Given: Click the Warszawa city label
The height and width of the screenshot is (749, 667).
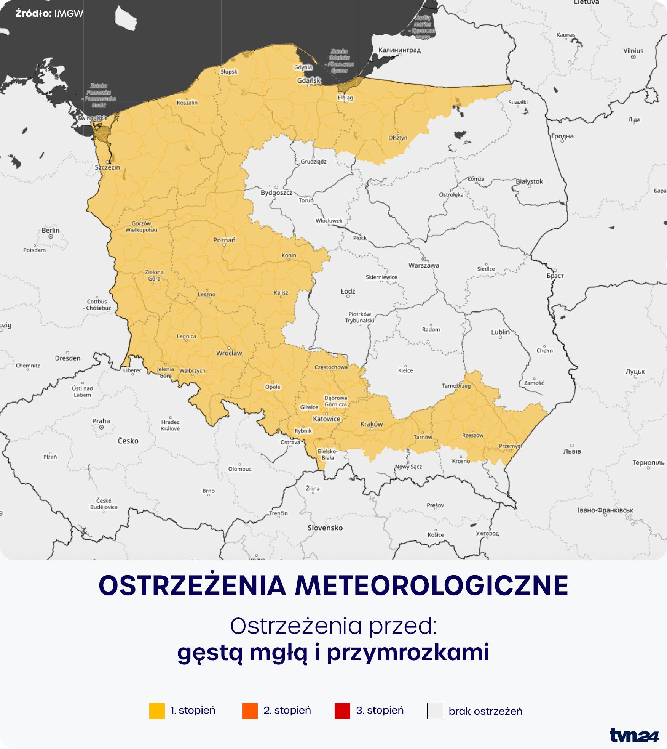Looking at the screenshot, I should coord(424,265).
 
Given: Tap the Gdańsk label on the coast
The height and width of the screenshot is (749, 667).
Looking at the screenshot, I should coord(309,80).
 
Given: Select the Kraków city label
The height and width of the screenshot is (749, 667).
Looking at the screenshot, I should coord(372,424).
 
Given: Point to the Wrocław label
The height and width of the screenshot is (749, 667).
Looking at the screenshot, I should coord(229,353).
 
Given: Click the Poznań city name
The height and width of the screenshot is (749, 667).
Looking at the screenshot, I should coord(224,240).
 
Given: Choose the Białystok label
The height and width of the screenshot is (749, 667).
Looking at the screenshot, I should coord(529,181).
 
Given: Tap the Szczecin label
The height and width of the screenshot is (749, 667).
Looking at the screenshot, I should coord(107,167).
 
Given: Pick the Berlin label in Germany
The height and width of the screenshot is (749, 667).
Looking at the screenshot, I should coord(51,230).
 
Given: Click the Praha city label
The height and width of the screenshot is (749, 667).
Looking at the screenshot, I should coord(101,421).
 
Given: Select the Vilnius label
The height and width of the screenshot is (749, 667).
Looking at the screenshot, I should coord(633,51).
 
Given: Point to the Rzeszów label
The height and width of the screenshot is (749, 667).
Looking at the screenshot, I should coord(473,435).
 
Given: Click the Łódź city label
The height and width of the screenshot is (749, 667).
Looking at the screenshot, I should coord(348,291).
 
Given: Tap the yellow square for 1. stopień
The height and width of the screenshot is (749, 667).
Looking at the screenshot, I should coord(157,711).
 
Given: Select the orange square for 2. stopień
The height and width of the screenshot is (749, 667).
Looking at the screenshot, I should coord(250,711).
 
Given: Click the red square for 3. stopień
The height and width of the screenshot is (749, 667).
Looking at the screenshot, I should coord(342,711).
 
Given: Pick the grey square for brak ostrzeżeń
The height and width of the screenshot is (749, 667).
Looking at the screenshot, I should coord(435,711).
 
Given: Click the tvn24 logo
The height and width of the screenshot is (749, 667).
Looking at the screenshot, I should coord(634,735).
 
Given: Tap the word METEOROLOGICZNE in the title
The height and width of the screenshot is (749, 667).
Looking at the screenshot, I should coord(432,586).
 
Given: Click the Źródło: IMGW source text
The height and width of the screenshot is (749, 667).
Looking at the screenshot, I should coord(49,14).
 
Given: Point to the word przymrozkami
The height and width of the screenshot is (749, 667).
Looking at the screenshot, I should coord(408,652).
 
